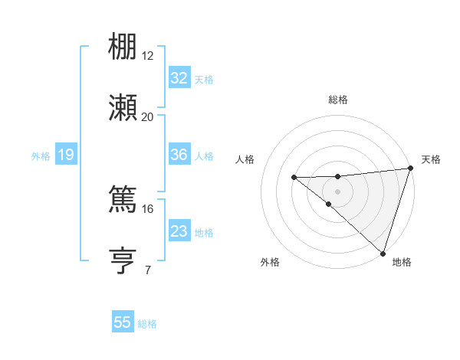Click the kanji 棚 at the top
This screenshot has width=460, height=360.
(123, 47)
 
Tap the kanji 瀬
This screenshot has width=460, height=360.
(123, 108)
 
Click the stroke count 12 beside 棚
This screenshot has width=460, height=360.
(148, 55)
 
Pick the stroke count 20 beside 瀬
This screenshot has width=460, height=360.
(148, 116)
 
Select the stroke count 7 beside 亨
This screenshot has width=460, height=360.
(147, 270)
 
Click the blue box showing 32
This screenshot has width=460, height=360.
(179, 78)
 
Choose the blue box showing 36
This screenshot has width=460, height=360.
(179, 155)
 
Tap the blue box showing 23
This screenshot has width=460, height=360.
(179, 231)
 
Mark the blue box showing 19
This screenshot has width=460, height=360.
(65, 155)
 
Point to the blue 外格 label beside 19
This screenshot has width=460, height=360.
(41, 156)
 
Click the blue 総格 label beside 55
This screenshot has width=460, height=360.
(147, 324)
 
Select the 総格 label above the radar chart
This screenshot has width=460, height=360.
(338, 100)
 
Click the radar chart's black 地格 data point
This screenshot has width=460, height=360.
(383, 253)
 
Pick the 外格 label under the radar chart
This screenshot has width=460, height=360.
(270, 262)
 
